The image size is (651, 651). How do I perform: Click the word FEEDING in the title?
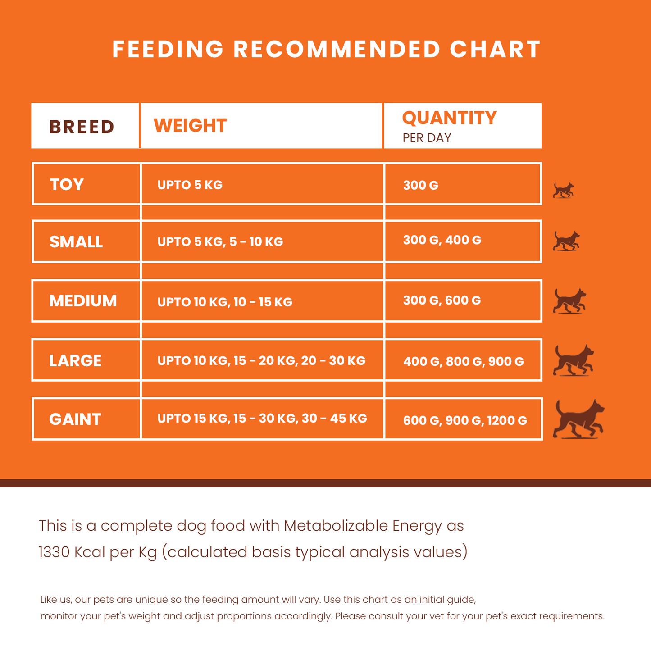pos(168,50)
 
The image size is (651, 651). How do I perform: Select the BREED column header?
pos(82,127)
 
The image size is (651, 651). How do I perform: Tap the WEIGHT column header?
pos(190,126)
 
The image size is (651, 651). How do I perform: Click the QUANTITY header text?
pos(449,118)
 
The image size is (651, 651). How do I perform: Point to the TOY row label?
pos(67,185)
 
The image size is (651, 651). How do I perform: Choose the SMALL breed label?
pos(76,242)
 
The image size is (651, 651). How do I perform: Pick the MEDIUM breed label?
pos(83,301)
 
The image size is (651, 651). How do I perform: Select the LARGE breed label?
pos(75,361)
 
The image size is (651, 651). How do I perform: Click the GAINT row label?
pos(75,419)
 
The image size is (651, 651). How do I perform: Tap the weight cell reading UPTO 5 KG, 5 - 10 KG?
pos(220,242)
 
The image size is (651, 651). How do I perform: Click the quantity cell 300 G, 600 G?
pos(442,300)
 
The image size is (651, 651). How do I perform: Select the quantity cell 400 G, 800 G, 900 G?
pos(463,361)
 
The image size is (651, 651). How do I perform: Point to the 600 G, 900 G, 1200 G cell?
pos(465,421)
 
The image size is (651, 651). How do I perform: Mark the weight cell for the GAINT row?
pos(262,419)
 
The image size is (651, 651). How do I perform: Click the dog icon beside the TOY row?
pos(564,190)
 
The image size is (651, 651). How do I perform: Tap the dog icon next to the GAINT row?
pos(578,419)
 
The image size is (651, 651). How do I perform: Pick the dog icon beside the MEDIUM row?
pos(569,301)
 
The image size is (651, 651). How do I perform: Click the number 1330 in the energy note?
pos(54,552)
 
